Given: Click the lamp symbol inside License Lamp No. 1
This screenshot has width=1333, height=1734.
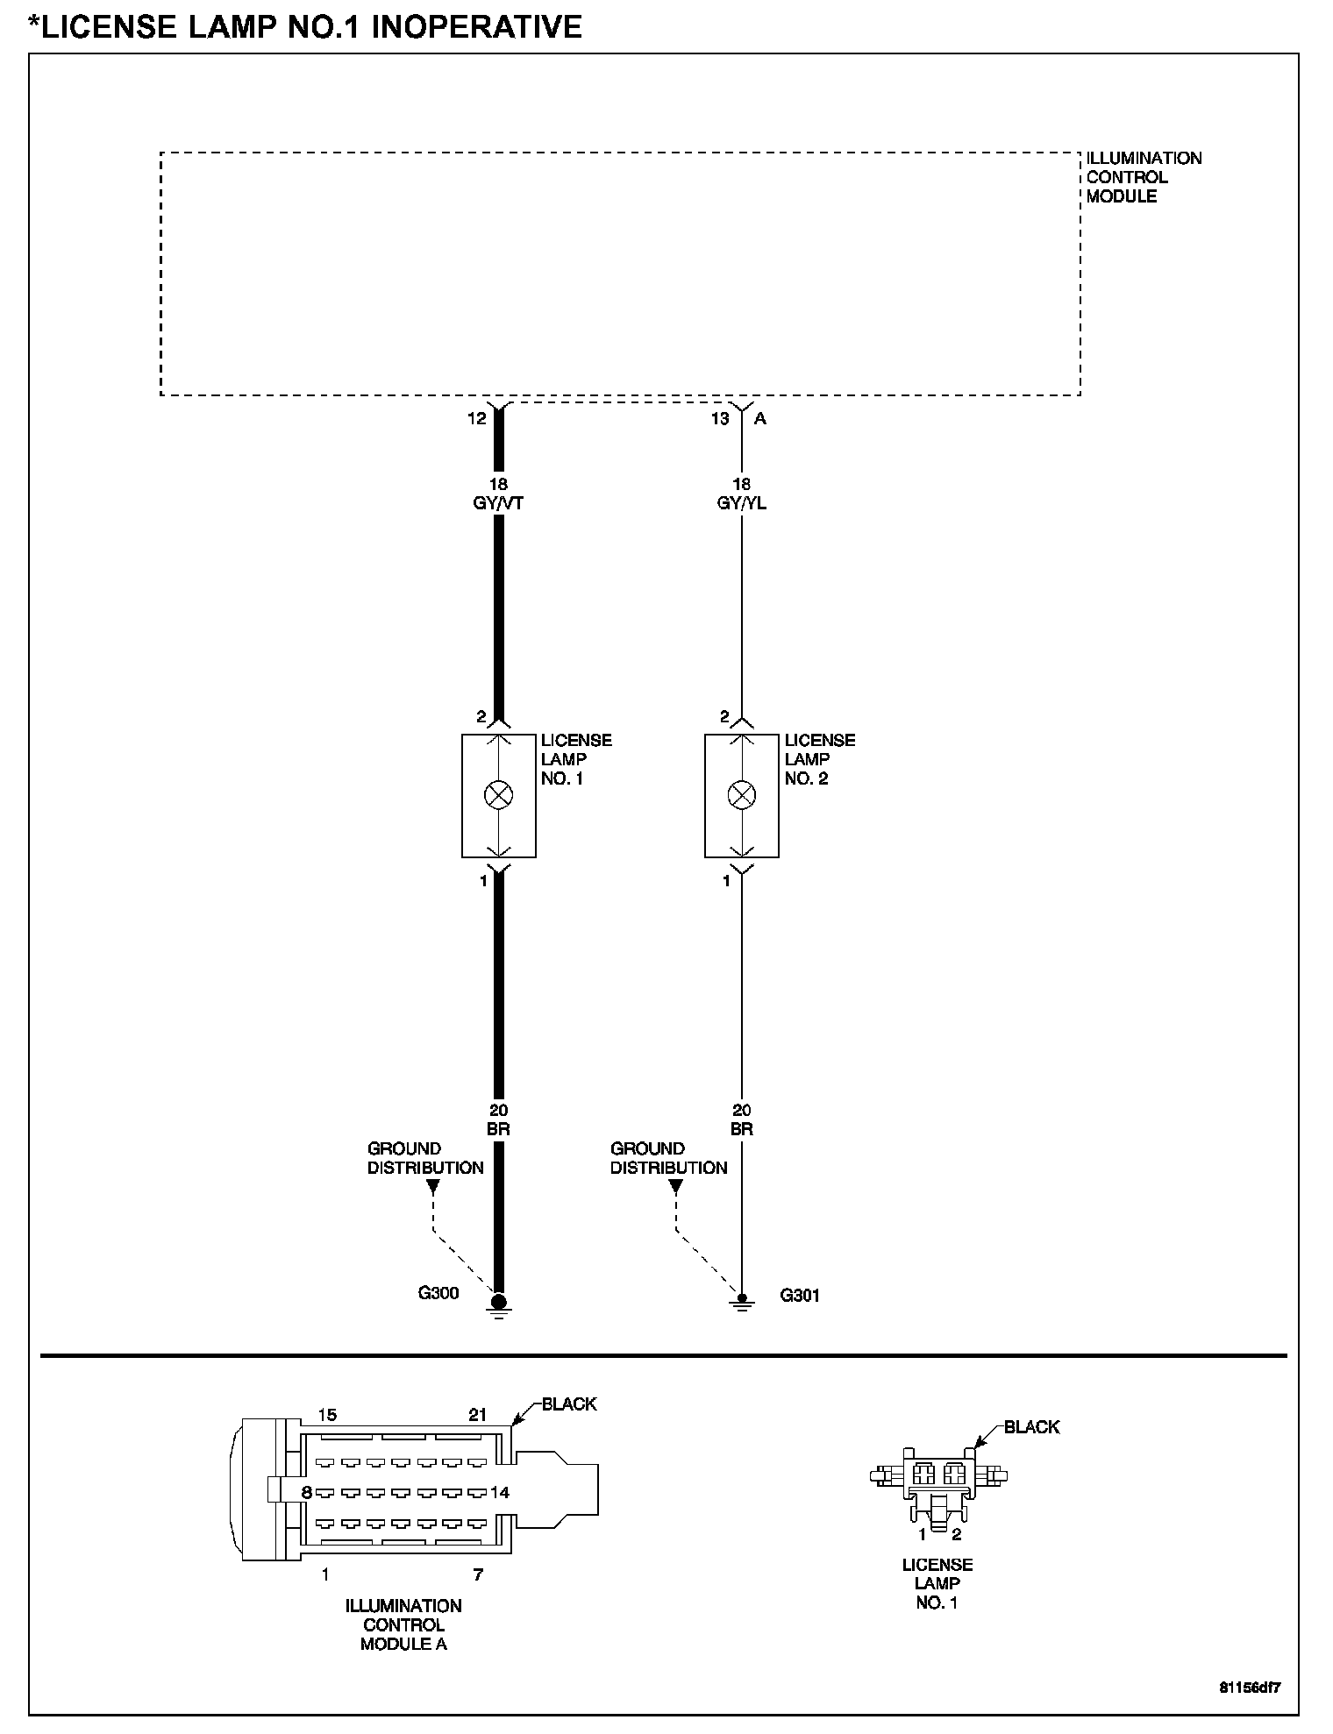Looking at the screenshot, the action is click(498, 795).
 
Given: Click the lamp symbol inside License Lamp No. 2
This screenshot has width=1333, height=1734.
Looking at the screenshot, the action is click(742, 795).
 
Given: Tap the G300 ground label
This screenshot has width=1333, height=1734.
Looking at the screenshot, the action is click(438, 1293).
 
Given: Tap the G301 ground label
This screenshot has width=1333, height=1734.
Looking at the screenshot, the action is click(800, 1295).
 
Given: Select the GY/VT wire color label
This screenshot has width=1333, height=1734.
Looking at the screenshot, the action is click(498, 503).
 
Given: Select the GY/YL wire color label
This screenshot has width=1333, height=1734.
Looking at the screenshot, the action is click(742, 503).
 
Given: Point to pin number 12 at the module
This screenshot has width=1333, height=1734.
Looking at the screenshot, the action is click(476, 419).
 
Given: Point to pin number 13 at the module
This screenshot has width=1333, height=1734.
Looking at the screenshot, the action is click(720, 419).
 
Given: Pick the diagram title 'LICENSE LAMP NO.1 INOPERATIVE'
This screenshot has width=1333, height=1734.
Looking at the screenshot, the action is click(305, 26).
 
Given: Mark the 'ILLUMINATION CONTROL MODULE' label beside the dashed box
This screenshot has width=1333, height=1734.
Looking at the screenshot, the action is click(1144, 177).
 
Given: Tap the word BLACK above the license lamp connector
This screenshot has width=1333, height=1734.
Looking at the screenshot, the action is click(1031, 1427).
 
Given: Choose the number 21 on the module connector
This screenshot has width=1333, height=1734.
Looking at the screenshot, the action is click(477, 1415).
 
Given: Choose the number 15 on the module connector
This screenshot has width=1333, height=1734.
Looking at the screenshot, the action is click(327, 1415).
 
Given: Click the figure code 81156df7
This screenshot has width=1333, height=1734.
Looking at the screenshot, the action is click(1250, 1686).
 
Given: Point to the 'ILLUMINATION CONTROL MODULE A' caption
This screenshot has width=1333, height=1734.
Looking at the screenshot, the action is click(403, 1624).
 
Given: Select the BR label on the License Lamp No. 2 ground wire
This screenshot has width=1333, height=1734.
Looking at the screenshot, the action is click(742, 1129).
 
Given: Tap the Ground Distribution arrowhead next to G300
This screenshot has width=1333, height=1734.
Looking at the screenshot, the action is click(432, 1187).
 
